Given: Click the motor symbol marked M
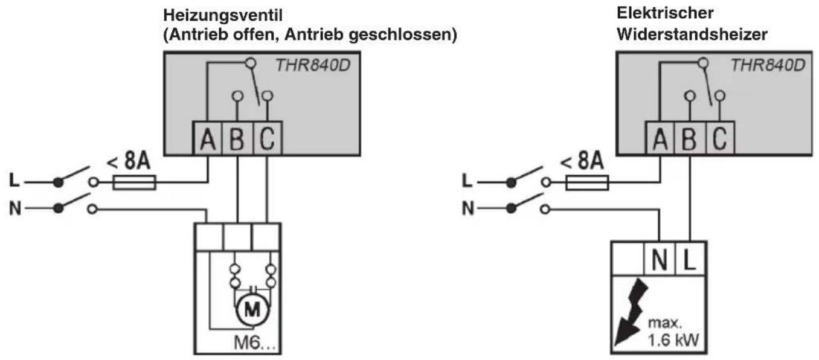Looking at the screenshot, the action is click(252, 309).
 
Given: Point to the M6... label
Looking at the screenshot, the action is click(254, 343).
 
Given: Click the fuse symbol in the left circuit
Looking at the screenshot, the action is click(135, 182).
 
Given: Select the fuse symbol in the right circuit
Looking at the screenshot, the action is click(587, 182).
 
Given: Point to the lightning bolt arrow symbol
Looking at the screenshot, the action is click(630, 312).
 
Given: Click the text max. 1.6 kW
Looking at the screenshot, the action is click(673, 332).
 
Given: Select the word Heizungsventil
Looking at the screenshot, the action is click(223, 15).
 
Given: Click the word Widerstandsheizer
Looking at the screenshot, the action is click(692, 34).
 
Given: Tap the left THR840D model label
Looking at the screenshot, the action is click(313, 65).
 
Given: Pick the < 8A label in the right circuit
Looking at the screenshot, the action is click(582, 161).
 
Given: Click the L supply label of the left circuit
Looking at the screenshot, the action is click(14, 181).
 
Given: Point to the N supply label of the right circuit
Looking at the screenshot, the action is click(467, 208).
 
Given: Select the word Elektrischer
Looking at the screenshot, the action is click(665, 13).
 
